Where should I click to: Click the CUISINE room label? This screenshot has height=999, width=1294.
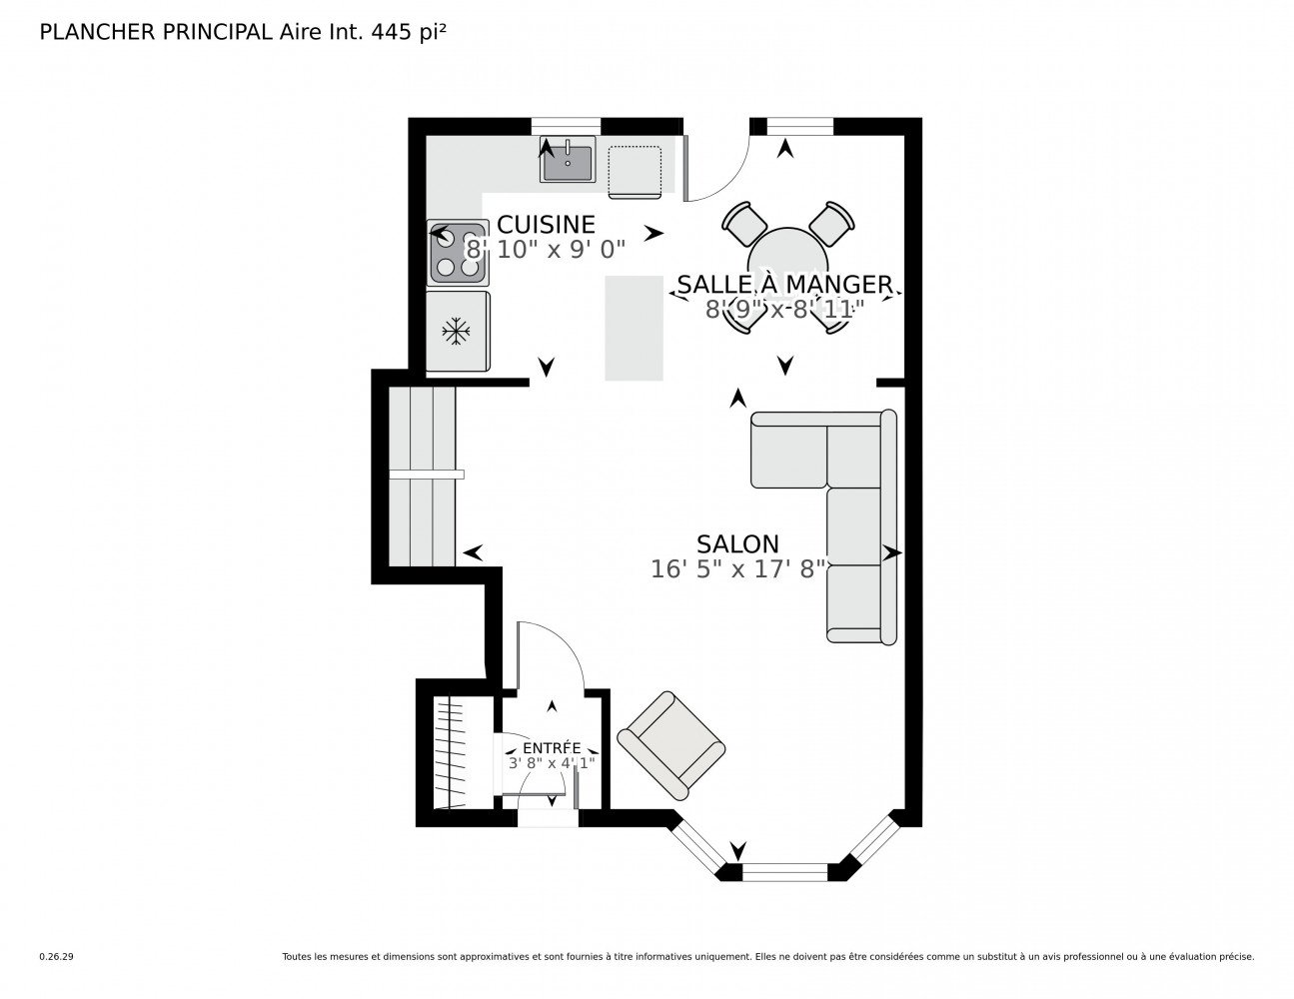[x=546, y=225]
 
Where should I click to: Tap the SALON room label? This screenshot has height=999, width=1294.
[x=737, y=544]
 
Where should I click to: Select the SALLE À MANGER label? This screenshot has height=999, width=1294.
[x=784, y=285]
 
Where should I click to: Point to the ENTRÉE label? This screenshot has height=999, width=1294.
[x=552, y=748]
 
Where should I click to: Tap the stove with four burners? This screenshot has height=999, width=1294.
[x=458, y=253]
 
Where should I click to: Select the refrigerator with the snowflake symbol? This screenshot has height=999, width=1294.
[x=458, y=331]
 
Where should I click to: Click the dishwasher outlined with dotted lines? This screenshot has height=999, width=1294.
[x=635, y=172]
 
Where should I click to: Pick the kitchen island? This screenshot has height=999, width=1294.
[x=634, y=328]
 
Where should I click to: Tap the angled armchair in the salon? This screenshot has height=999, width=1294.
[x=670, y=745]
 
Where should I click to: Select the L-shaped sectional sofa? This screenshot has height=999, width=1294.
[x=857, y=523]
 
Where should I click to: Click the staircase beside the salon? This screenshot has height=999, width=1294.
[x=423, y=476]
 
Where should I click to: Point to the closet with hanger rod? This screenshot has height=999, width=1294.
[x=455, y=752]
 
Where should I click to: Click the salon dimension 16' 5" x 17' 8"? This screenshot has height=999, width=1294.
[x=737, y=569]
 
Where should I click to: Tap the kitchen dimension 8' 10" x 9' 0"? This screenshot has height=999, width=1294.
[x=546, y=250]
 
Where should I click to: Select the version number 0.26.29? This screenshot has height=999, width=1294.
[x=57, y=957]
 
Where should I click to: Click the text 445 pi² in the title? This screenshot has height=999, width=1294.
[x=409, y=32]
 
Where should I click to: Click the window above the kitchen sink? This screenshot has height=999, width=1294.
[x=566, y=127]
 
